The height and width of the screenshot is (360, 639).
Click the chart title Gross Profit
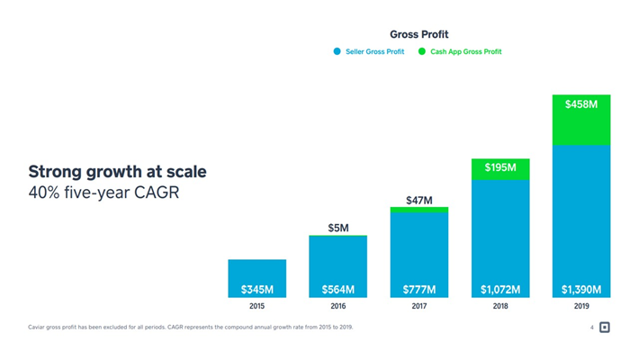(418, 35)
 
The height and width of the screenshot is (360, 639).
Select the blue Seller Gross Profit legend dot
(337, 52)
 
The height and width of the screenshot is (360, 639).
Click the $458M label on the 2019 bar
(581, 105)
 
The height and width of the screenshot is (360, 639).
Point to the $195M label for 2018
(500, 168)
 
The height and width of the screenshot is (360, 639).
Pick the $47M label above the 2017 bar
(419, 200)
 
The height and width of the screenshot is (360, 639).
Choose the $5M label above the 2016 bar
(338, 228)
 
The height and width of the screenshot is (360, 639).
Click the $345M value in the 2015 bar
(257, 290)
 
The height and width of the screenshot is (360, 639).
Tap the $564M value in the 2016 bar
(338, 290)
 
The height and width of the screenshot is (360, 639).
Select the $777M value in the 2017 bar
(419, 290)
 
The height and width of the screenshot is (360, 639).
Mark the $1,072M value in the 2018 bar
(500, 290)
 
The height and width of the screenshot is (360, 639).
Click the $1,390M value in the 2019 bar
(581, 290)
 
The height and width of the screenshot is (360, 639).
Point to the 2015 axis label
(257, 307)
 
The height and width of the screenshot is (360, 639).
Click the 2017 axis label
(419, 307)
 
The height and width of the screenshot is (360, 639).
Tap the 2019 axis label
(581, 307)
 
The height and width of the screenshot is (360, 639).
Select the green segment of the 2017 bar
(419, 210)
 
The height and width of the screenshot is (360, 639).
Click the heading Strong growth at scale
(117, 171)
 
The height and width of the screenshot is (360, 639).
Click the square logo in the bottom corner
(605, 328)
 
